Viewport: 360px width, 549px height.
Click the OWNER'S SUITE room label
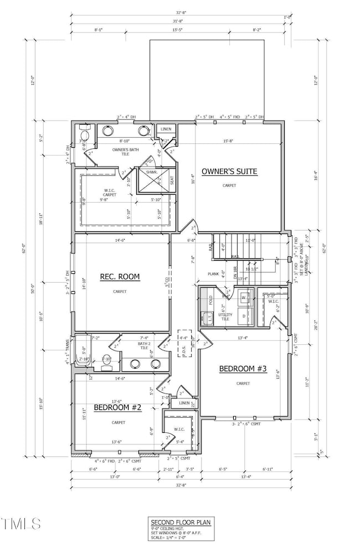(x=229, y=172)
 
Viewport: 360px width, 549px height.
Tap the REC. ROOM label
(x=120, y=276)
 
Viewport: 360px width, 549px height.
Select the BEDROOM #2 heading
(x=118, y=407)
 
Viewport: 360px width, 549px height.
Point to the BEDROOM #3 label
(x=243, y=369)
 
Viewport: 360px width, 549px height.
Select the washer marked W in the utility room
(x=244, y=298)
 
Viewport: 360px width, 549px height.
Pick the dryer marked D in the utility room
(x=244, y=315)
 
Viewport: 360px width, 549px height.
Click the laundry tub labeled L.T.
(x=208, y=318)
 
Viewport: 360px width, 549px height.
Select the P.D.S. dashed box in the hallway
(x=184, y=348)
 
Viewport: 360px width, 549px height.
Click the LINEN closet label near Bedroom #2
(x=184, y=403)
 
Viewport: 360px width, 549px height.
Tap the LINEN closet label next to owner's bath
(x=166, y=129)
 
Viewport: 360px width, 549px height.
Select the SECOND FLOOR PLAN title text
(x=179, y=522)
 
